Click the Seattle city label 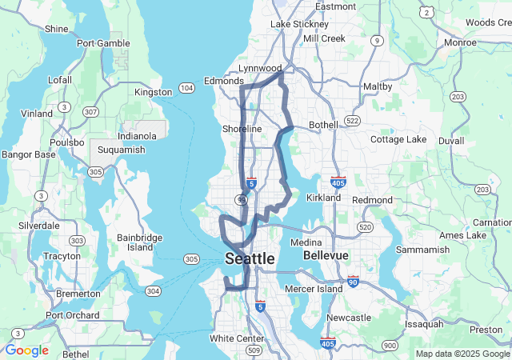point(250,259)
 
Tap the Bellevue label point(326,255)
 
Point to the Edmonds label point(223,81)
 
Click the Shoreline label point(242,129)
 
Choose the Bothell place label point(322,125)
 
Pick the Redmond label point(372,199)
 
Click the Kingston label point(154,92)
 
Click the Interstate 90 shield point(353,282)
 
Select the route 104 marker point(186,87)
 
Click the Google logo point(26,350)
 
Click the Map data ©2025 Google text point(462,354)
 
